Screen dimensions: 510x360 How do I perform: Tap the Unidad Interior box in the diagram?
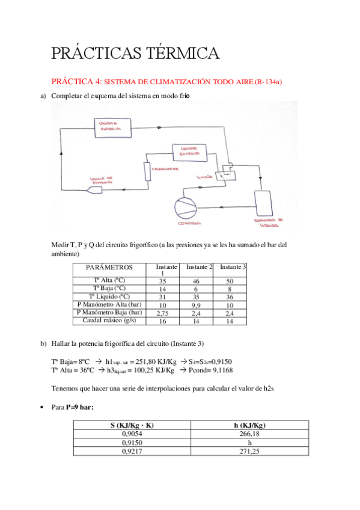(108, 126)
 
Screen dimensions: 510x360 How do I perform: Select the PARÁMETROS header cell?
(109, 267)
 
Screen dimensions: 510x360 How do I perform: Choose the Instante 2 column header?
(200, 267)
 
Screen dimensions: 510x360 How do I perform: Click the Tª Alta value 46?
(195, 281)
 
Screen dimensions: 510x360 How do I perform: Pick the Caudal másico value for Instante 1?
(162, 321)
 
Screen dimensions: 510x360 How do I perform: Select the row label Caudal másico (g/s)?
(110, 321)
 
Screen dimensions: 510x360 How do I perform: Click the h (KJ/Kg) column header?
(248, 425)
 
